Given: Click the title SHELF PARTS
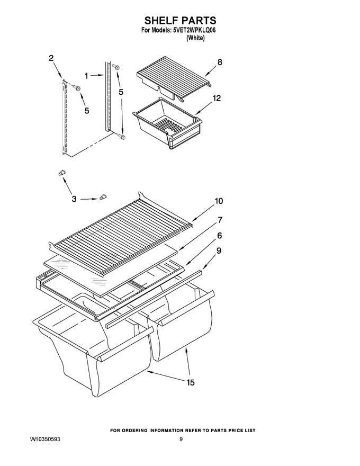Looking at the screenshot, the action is tap(180, 21).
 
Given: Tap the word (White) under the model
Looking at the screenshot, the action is tap(195, 38).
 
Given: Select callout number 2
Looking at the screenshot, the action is tap(51, 58).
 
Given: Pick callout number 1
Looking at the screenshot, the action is tap(86, 76).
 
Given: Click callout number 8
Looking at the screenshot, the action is tap(220, 62).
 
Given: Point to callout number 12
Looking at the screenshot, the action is tap(217, 98).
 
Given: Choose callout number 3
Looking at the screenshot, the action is tap(74, 199).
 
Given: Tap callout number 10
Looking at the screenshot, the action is tap(219, 201).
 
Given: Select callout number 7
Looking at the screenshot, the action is tap(220, 220).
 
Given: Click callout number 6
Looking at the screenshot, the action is tap(220, 236).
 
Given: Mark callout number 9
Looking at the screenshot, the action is tap(219, 251).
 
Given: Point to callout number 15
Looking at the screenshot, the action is tap(191, 382).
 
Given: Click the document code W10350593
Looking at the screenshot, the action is tap(45, 439).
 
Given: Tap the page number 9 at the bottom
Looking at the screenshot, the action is tap(181, 439).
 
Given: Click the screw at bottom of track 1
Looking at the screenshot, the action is tap(122, 137).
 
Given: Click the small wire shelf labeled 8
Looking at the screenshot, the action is tap(175, 79).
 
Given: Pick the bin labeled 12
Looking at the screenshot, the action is tap(167, 122).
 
